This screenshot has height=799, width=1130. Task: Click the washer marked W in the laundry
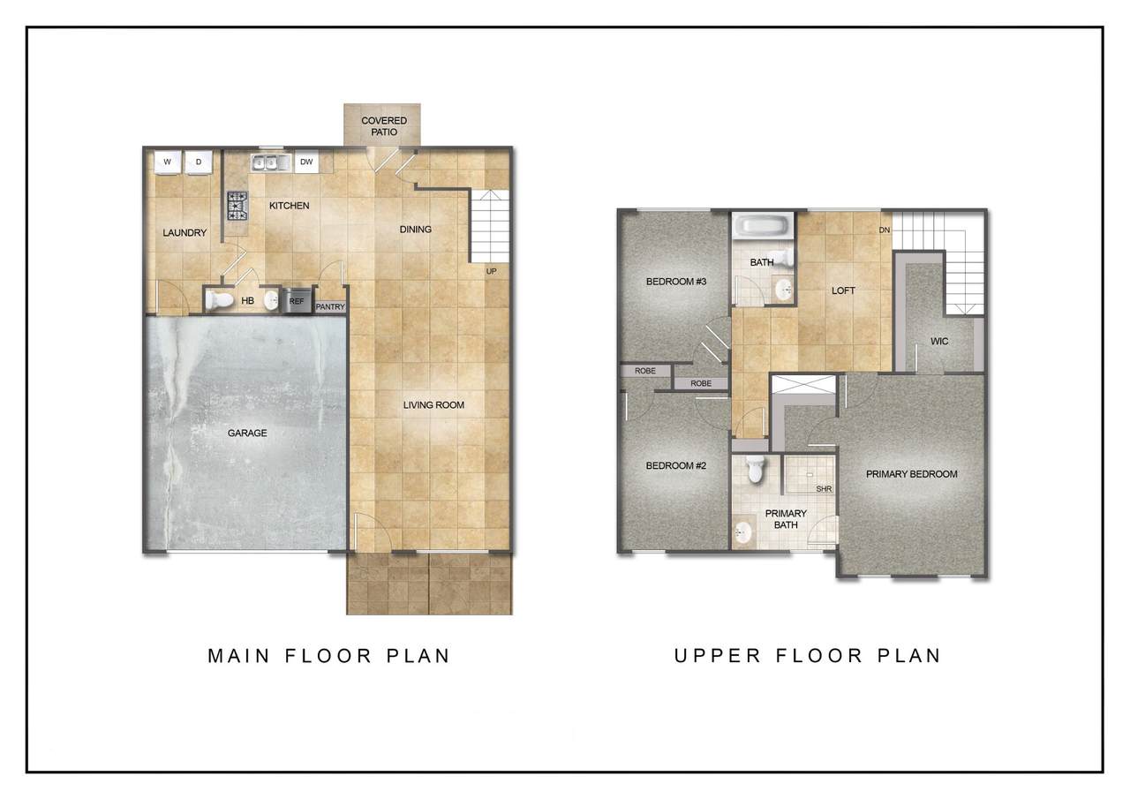tap(168, 162)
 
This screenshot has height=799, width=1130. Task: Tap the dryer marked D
tap(199, 162)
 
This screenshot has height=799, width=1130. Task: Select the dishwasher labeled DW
tap(306, 162)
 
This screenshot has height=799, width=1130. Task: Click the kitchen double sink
tap(271, 163)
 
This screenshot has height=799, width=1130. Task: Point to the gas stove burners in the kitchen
tap(237, 206)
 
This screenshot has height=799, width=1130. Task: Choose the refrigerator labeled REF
tap(297, 301)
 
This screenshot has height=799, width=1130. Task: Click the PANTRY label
tap(330, 306)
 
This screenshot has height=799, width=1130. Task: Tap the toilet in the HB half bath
tap(219, 301)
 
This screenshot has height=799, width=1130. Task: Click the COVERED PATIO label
tap(384, 126)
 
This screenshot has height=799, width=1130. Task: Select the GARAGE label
tap(247, 433)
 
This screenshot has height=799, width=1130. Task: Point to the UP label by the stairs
tap(491, 271)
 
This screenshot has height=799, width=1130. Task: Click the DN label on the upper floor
tap(885, 230)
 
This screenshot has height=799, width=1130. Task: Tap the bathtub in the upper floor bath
tap(762, 225)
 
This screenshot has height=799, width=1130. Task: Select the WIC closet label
tap(938, 342)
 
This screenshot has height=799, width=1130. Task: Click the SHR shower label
tap(824, 489)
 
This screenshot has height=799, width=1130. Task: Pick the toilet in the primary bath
tap(755, 469)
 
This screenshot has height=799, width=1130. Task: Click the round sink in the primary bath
tap(742, 531)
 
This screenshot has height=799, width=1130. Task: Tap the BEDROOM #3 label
tap(676, 282)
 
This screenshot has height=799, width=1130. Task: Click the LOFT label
tap(843, 290)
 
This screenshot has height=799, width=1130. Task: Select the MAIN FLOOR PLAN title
tap(329, 656)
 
